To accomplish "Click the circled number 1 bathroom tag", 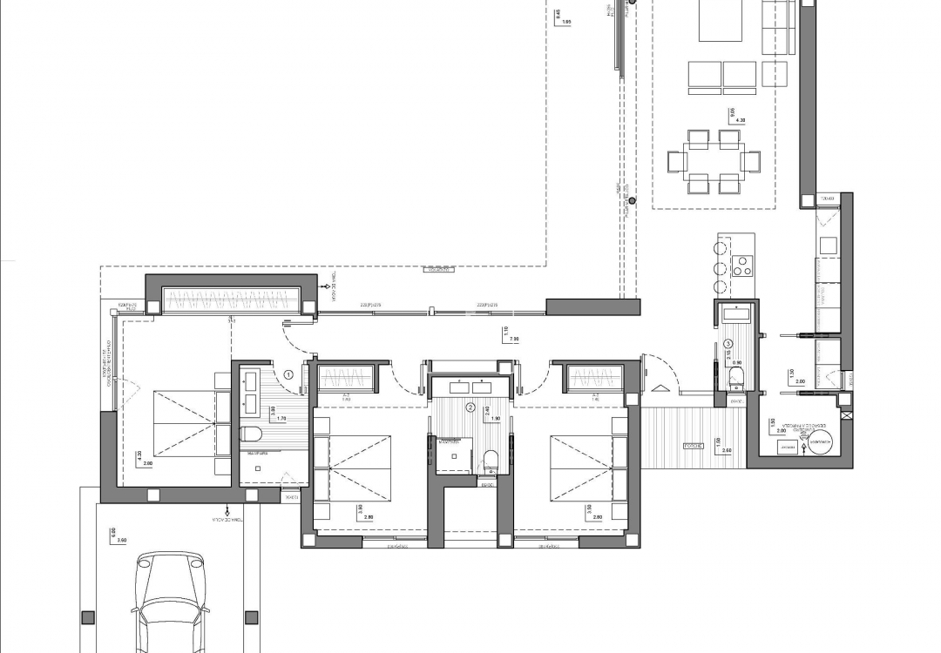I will [x=288, y=375].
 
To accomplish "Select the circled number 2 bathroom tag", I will [x=470, y=407].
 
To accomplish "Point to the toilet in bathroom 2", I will [x=490, y=460].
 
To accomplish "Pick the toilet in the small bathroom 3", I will [x=737, y=376].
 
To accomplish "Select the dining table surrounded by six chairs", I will [x=714, y=161].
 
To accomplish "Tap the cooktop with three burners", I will [x=743, y=265].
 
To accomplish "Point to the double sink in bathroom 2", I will [x=470, y=387].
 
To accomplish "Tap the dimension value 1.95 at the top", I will [x=566, y=22].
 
